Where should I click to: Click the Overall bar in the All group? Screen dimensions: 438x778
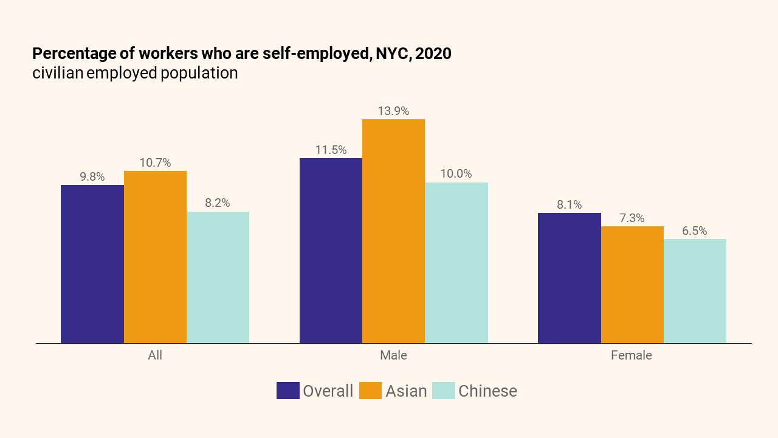click(92, 264)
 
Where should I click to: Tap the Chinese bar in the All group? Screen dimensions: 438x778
click(218, 277)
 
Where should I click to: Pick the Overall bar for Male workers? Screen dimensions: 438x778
click(331, 251)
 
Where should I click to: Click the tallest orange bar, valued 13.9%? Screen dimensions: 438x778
click(393, 231)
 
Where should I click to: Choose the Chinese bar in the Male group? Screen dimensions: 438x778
click(456, 263)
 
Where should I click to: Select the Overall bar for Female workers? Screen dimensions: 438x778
click(570, 278)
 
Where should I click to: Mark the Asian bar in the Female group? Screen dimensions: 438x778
click(632, 285)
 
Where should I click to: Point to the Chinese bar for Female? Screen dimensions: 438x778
click(695, 291)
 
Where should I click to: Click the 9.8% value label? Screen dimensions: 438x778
click(92, 177)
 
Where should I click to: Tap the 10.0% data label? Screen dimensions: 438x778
click(456, 174)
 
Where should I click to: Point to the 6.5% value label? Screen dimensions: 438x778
click(695, 231)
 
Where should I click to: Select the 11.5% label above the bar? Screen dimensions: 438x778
click(331, 150)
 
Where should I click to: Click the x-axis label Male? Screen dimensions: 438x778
click(393, 355)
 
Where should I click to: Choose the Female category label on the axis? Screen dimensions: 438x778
click(632, 355)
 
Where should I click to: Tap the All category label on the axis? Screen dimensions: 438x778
click(155, 355)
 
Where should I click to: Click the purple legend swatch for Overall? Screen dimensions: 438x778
click(287, 391)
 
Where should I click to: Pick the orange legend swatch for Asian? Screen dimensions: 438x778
click(370, 391)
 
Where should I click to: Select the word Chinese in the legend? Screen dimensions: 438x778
click(487, 391)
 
